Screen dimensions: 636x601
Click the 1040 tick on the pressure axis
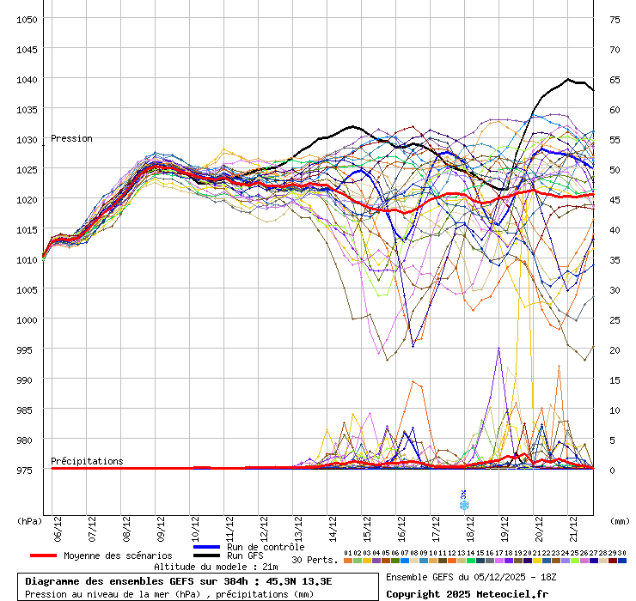click(x=27, y=80)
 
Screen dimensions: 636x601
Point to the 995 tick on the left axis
click(x=25, y=350)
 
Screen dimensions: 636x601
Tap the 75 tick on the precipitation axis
click(x=615, y=20)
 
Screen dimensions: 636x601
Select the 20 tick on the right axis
click(x=615, y=350)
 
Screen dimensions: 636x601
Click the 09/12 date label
click(x=161, y=529)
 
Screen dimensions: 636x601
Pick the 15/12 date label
click(x=367, y=529)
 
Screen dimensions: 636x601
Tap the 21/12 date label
click(x=572, y=529)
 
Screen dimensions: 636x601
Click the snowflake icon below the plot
click(x=464, y=505)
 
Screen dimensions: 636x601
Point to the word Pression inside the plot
click(x=72, y=138)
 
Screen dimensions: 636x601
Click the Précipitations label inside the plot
click(x=87, y=461)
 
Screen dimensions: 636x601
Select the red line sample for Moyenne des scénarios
click(x=43, y=555)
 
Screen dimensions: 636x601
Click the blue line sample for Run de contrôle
click(x=207, y=547)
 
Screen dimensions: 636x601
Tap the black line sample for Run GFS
click(x=207, y=555)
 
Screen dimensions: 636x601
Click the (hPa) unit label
click(x=29, y=521)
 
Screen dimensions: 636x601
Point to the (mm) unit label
click(x=620, y=521)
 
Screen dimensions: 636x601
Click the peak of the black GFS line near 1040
click(x=568, y=80)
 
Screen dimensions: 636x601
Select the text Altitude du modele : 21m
click(x=216, y=567)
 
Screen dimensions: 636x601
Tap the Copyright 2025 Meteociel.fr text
click(x=467, y=594)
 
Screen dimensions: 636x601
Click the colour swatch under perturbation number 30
click(x=622, y=561)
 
